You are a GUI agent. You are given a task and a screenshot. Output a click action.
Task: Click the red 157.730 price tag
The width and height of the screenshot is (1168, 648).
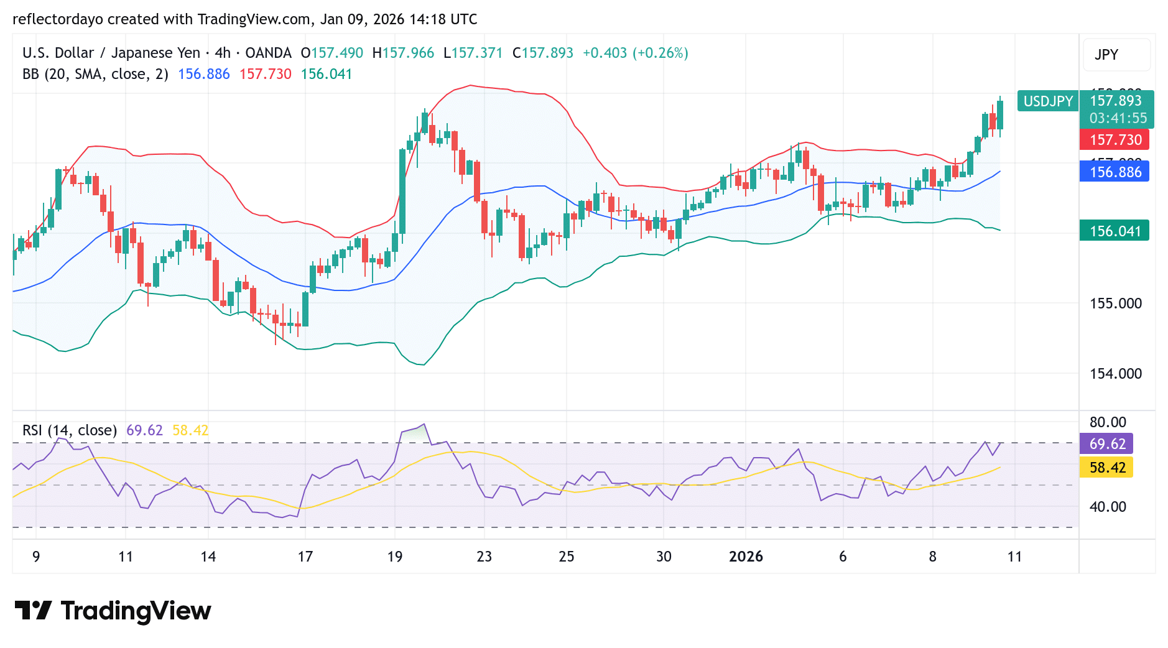pyautogui.click(x=1115, y=140)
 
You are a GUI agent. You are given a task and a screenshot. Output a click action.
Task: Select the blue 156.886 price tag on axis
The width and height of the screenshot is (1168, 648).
pyautogui.click(x=1115, y=172)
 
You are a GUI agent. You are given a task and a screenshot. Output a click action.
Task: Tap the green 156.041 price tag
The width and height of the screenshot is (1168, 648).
pyautogui.click(x=1115, y=231)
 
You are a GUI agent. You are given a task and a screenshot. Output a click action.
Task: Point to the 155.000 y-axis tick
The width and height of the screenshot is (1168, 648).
pyautogui.click(x=1116, y=303)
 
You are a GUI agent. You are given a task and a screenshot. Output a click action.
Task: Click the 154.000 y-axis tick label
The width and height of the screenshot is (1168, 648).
pyautogui.click(x=1116, y=374)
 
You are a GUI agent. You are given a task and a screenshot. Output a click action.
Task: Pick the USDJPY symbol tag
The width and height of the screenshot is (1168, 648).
pyautogui.click(x=1048, y=101)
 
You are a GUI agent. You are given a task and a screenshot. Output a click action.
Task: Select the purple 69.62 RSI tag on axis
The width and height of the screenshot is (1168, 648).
pyautogui.click(x=1107, y=444)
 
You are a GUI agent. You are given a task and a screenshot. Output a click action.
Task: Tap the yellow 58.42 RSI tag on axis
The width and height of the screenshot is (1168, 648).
pyautogui.click(x=1107, y=468)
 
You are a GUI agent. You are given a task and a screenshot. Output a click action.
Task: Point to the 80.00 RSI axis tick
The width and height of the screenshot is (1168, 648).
pyautogui.click(x=1108, y=422)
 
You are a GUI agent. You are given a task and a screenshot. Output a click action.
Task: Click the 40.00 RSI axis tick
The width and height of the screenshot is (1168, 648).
pyautogui.click(x=1108, y=507)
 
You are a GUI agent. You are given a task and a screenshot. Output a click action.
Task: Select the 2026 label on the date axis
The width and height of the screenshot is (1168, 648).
pyautogui.click(x=746, y=557)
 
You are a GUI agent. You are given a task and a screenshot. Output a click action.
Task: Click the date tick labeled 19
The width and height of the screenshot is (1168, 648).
pyautogui.click(x=395, y=557)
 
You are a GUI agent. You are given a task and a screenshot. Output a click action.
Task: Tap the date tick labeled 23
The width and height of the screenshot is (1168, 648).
pyautogui.click(x=484, y=557)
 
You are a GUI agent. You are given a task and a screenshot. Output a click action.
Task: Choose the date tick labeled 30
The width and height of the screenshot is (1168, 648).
pyautogui.click(x=664, y=557)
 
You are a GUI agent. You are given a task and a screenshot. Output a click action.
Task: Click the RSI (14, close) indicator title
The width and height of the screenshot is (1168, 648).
pyautogui.click(x=70, y=430)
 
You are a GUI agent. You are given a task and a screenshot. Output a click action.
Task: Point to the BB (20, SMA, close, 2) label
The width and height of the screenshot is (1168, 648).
pyautogui.click(x=95, y=74)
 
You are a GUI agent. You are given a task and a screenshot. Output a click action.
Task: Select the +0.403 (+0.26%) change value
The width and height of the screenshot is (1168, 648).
pyautogui.click(x=635, y=53)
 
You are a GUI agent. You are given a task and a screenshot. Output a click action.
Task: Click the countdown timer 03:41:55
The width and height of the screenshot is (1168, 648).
pyautogui.click(x=1118, y=118)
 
